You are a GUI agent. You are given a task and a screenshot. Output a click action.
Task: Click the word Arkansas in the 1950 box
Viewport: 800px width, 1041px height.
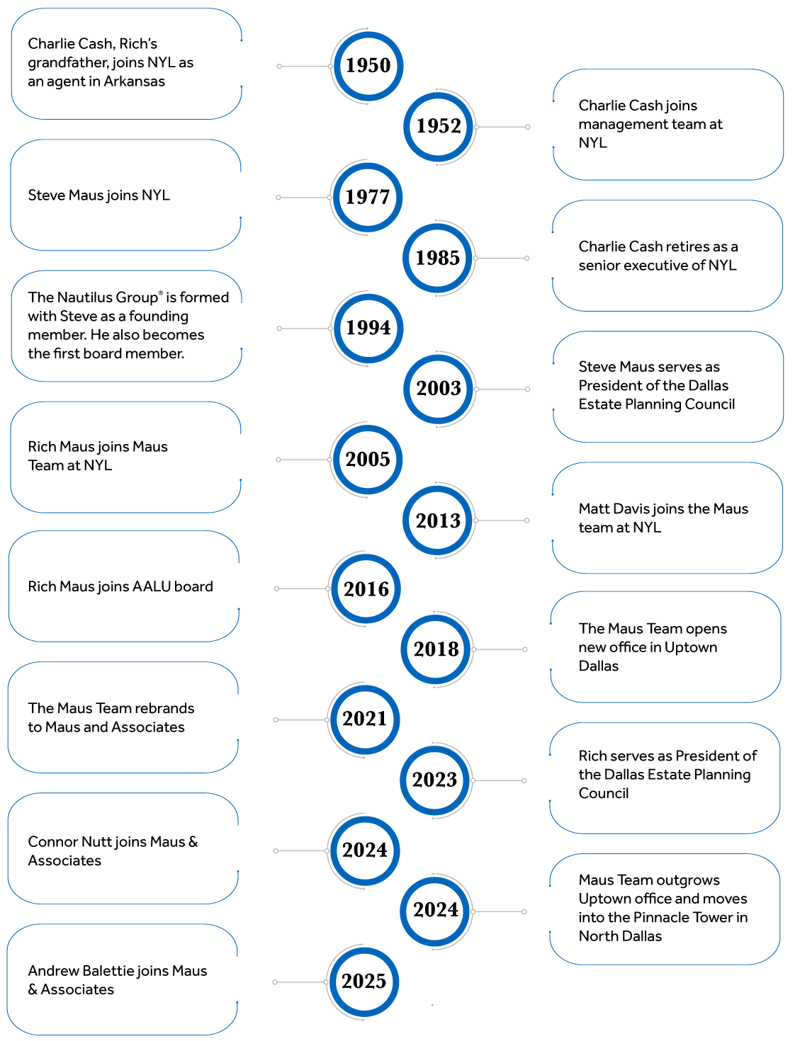[134, 81]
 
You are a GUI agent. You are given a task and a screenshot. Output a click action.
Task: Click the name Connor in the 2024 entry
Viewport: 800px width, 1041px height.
[52, 842]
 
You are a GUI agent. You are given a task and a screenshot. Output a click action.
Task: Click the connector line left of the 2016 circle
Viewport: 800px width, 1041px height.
[302, 588]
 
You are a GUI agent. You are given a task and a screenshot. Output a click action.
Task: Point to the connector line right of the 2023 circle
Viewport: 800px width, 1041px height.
[499, 780]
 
